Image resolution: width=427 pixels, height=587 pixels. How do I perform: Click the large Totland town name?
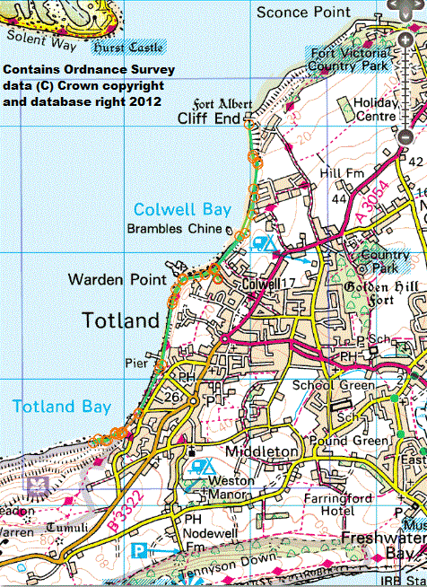120,320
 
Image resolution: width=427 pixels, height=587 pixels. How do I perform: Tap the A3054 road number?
362,206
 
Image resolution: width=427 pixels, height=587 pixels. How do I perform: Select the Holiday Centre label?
369,109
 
